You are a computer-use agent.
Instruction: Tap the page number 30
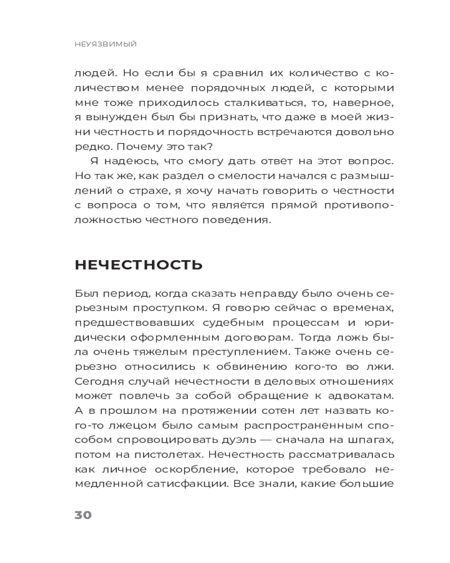point(83,515)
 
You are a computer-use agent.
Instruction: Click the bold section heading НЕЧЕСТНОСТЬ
point(138,265)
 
